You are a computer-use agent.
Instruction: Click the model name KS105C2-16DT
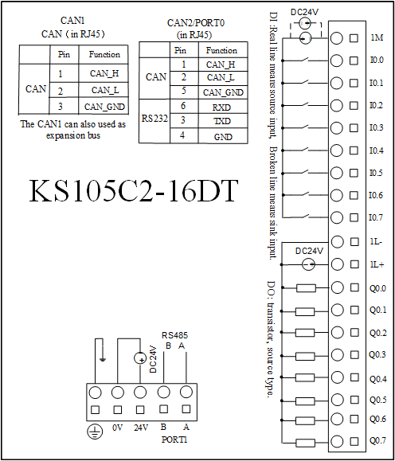(133, 190)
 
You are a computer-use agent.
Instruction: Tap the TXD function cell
(222, 121)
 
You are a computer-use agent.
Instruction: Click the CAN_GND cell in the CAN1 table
(104, 107)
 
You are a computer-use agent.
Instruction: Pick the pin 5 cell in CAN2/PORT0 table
(184, 91)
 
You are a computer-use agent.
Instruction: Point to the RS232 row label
(154, 119)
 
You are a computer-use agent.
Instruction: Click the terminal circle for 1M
(337, 38)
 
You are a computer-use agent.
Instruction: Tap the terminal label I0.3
(376, 128)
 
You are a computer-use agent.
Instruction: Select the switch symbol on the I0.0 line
(306, 59)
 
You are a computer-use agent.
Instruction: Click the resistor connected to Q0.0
(306, 288)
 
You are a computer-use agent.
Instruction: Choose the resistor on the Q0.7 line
(305, 443)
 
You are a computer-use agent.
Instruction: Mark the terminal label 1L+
(377, 264)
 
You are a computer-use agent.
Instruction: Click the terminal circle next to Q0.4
(337, 377)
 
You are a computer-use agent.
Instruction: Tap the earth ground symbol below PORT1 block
(95, 432)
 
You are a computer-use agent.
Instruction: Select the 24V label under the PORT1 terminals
(141, 428)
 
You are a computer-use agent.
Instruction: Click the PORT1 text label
(174, 440)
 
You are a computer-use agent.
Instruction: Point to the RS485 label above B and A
(174, 335)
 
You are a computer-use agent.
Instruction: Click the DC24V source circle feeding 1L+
(308, 264)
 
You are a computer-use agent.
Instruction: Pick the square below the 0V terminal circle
(118, 409)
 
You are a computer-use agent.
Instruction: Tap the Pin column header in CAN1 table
(64, 54)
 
